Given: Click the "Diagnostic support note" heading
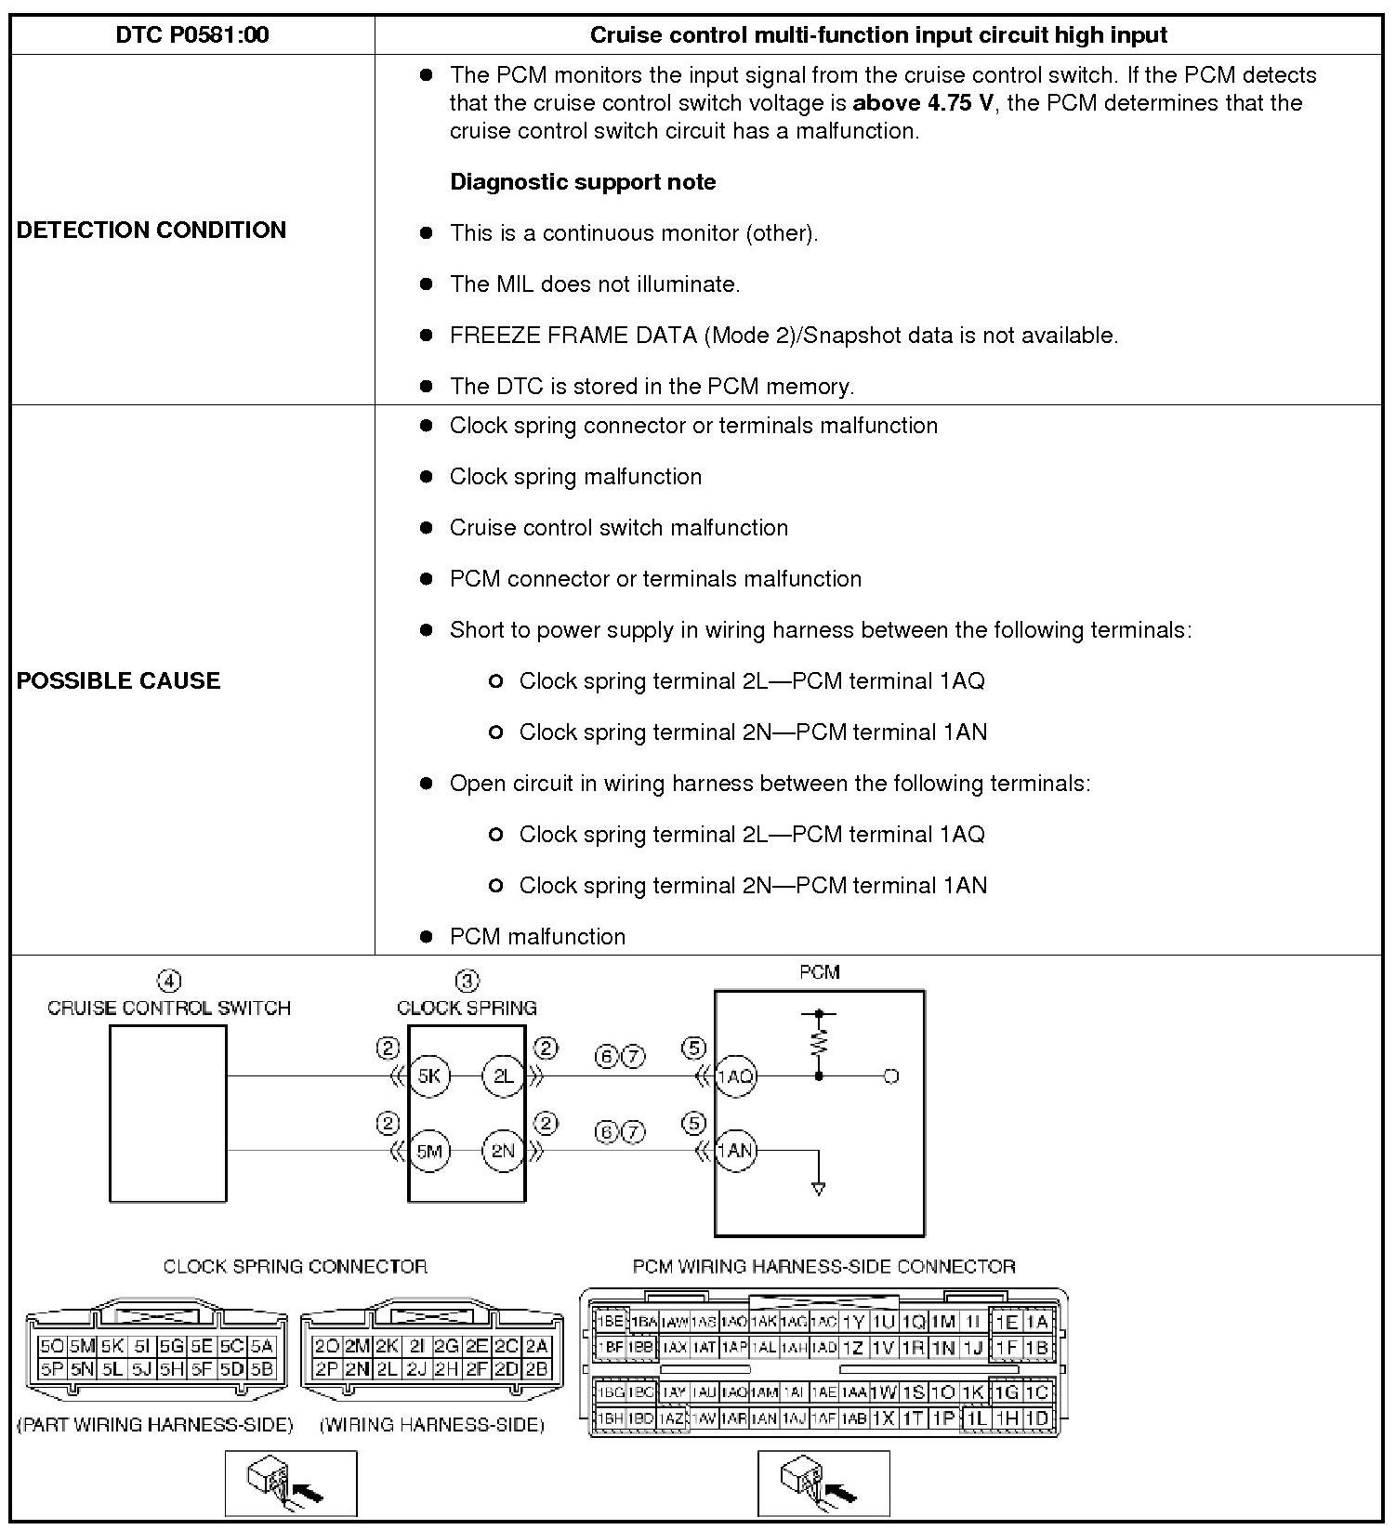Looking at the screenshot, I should [583, 182].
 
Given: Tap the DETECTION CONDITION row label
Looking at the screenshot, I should [151, 230].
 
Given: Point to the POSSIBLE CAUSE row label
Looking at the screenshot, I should [119, 680].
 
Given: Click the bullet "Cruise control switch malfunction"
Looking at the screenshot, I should [618, 528].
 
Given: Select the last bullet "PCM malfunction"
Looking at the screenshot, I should [537, 937].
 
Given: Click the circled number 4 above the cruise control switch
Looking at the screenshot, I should [168, 981].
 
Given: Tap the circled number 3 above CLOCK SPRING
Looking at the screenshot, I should [467, 981].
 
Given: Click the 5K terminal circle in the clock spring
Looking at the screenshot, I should [429, 1076].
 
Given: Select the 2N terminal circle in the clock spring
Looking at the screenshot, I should [503, 1151].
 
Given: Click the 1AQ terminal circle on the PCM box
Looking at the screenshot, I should [735, 1076].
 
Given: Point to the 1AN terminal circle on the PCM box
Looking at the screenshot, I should [735, 1151].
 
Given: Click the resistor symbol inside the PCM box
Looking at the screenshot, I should [819, 1042].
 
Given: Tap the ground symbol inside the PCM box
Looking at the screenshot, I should [818, 1187].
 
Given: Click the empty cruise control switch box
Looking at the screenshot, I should [168, 1113].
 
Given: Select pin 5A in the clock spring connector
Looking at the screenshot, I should [262, 1345].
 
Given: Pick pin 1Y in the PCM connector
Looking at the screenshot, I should [854, 1322].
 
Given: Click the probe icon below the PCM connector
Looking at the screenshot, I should [823, 1483].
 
